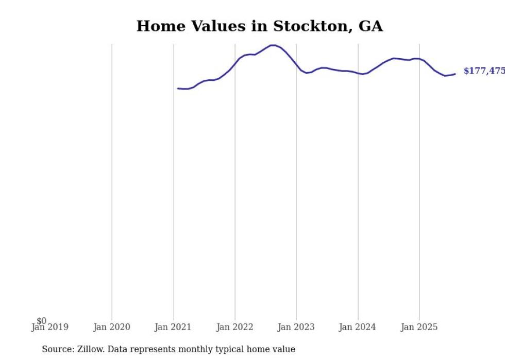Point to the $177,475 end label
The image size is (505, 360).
[x=484, y=71]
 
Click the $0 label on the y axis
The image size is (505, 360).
[x=41, y=321]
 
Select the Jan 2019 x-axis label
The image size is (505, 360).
[x=50, y=327]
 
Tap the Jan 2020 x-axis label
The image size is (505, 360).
[x=112, y=327]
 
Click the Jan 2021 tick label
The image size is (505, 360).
[x=173, y=327]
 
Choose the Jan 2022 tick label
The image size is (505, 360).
[x=235, y=327]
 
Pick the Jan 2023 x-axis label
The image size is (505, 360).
[x=296, y=327]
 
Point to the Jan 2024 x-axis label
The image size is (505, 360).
[x=358, y=327]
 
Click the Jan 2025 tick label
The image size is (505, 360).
[x=419, y=327]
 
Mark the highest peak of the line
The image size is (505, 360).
[x=273, y=45]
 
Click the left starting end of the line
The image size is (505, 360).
[x=178, y=89]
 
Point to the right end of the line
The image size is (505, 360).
[x=455, y=74]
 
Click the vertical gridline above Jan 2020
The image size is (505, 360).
[x=112, y=180]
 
